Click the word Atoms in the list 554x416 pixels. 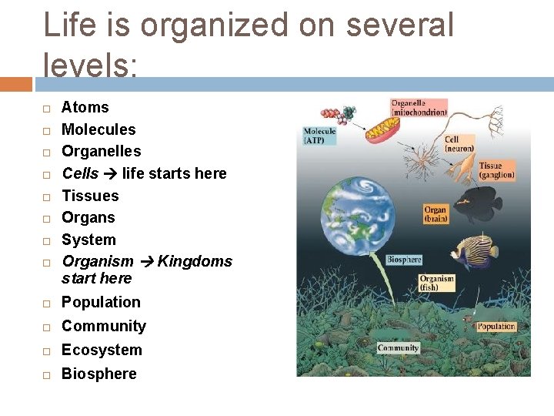click(85, 107)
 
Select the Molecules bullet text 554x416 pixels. click(98, 129)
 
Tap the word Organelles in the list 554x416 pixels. click(101, 151)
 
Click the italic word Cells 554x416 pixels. click(80, 173)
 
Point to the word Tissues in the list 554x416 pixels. click(90, 196)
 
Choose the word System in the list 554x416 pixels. click(88, 240)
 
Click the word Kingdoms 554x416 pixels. click(195, 261)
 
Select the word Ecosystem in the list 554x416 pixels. click(102, 350)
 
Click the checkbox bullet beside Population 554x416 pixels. click(47, 303)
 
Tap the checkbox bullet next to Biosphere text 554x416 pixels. click(47, 374)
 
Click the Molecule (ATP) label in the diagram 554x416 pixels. click(319, 136)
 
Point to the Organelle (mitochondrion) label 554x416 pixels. click(419, 107)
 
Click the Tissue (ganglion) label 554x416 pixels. click(496, 170)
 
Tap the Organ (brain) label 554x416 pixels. click(435, 214)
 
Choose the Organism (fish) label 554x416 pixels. click(436, 283)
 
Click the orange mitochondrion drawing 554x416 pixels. click(382, 129)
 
